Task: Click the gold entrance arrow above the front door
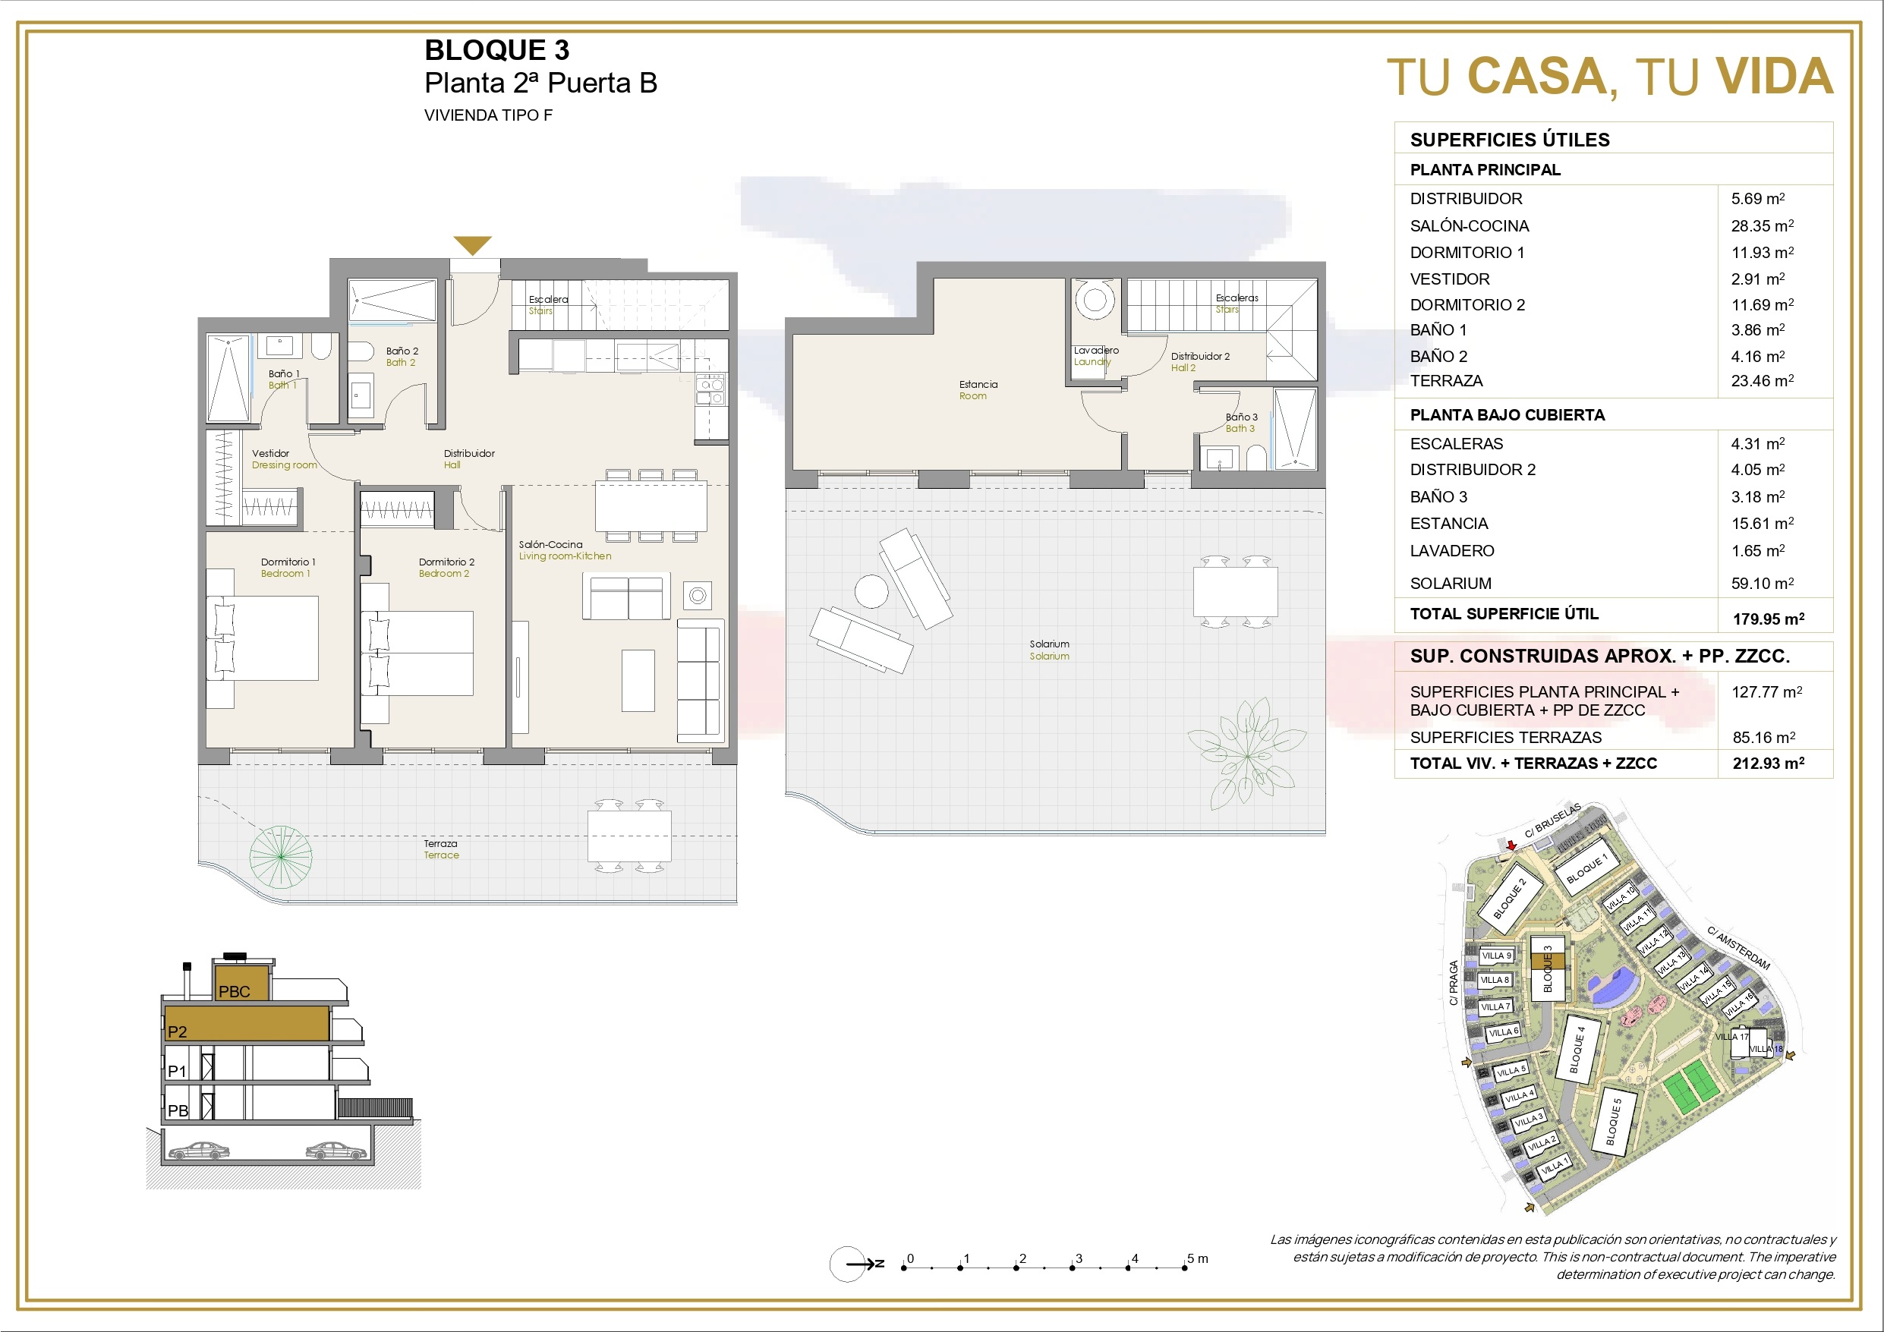[x=473, y=244]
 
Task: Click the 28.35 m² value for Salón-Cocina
[x=1763, y=225]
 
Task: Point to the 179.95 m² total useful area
[x=1769, y=619]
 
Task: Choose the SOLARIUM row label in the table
[x=1451, y=584]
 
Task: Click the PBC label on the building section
[x=234, y=991]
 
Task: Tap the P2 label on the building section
[x=177, y=1031]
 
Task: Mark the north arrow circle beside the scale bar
[x=847, y=1264]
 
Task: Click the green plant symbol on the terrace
[x=281, y=856]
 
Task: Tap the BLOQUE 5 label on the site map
[x=1613, y=1122]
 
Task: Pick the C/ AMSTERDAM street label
[x=1739, y=948]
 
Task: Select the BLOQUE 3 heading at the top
[x=496, y=50]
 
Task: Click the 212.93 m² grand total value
[x=1769, y=764]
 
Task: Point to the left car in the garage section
[x=199, y=1151]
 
